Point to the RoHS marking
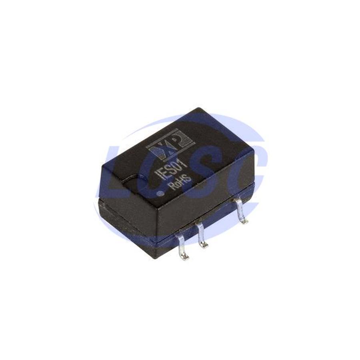coord(180,182)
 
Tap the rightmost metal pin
coord(241,212)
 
